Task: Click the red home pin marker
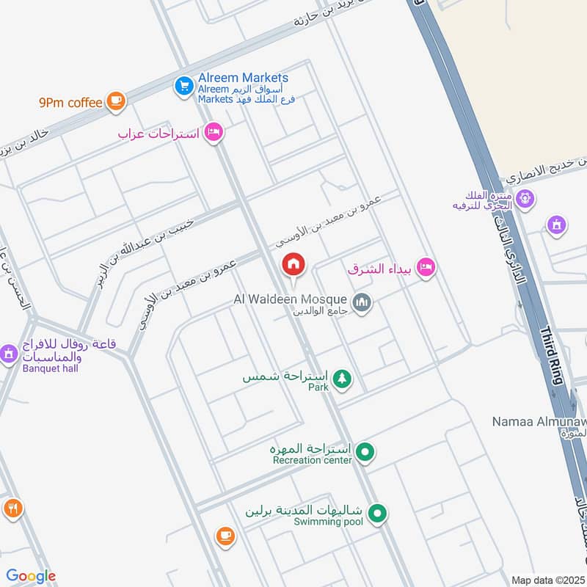(x=293, y=263)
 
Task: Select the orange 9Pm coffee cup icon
(x=115, y=102)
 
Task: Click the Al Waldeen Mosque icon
(x=361, y=302)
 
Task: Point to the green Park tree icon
(x=341, y=379)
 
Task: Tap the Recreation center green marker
(x=365, y=452)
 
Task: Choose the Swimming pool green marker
(x=377, y=514)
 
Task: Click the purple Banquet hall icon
(x=9, y=354)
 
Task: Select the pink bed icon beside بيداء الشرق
(x=425, y=269)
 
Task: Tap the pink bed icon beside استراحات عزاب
(x=214, y=133)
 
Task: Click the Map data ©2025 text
(x=548, y=580)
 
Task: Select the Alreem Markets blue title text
(x=243, y=78)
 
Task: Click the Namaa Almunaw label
(x=539, y=422)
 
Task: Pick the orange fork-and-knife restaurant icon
(x=12, y=507)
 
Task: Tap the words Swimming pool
(x=324, y=522)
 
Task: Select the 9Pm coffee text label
(x=70, y=103)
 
